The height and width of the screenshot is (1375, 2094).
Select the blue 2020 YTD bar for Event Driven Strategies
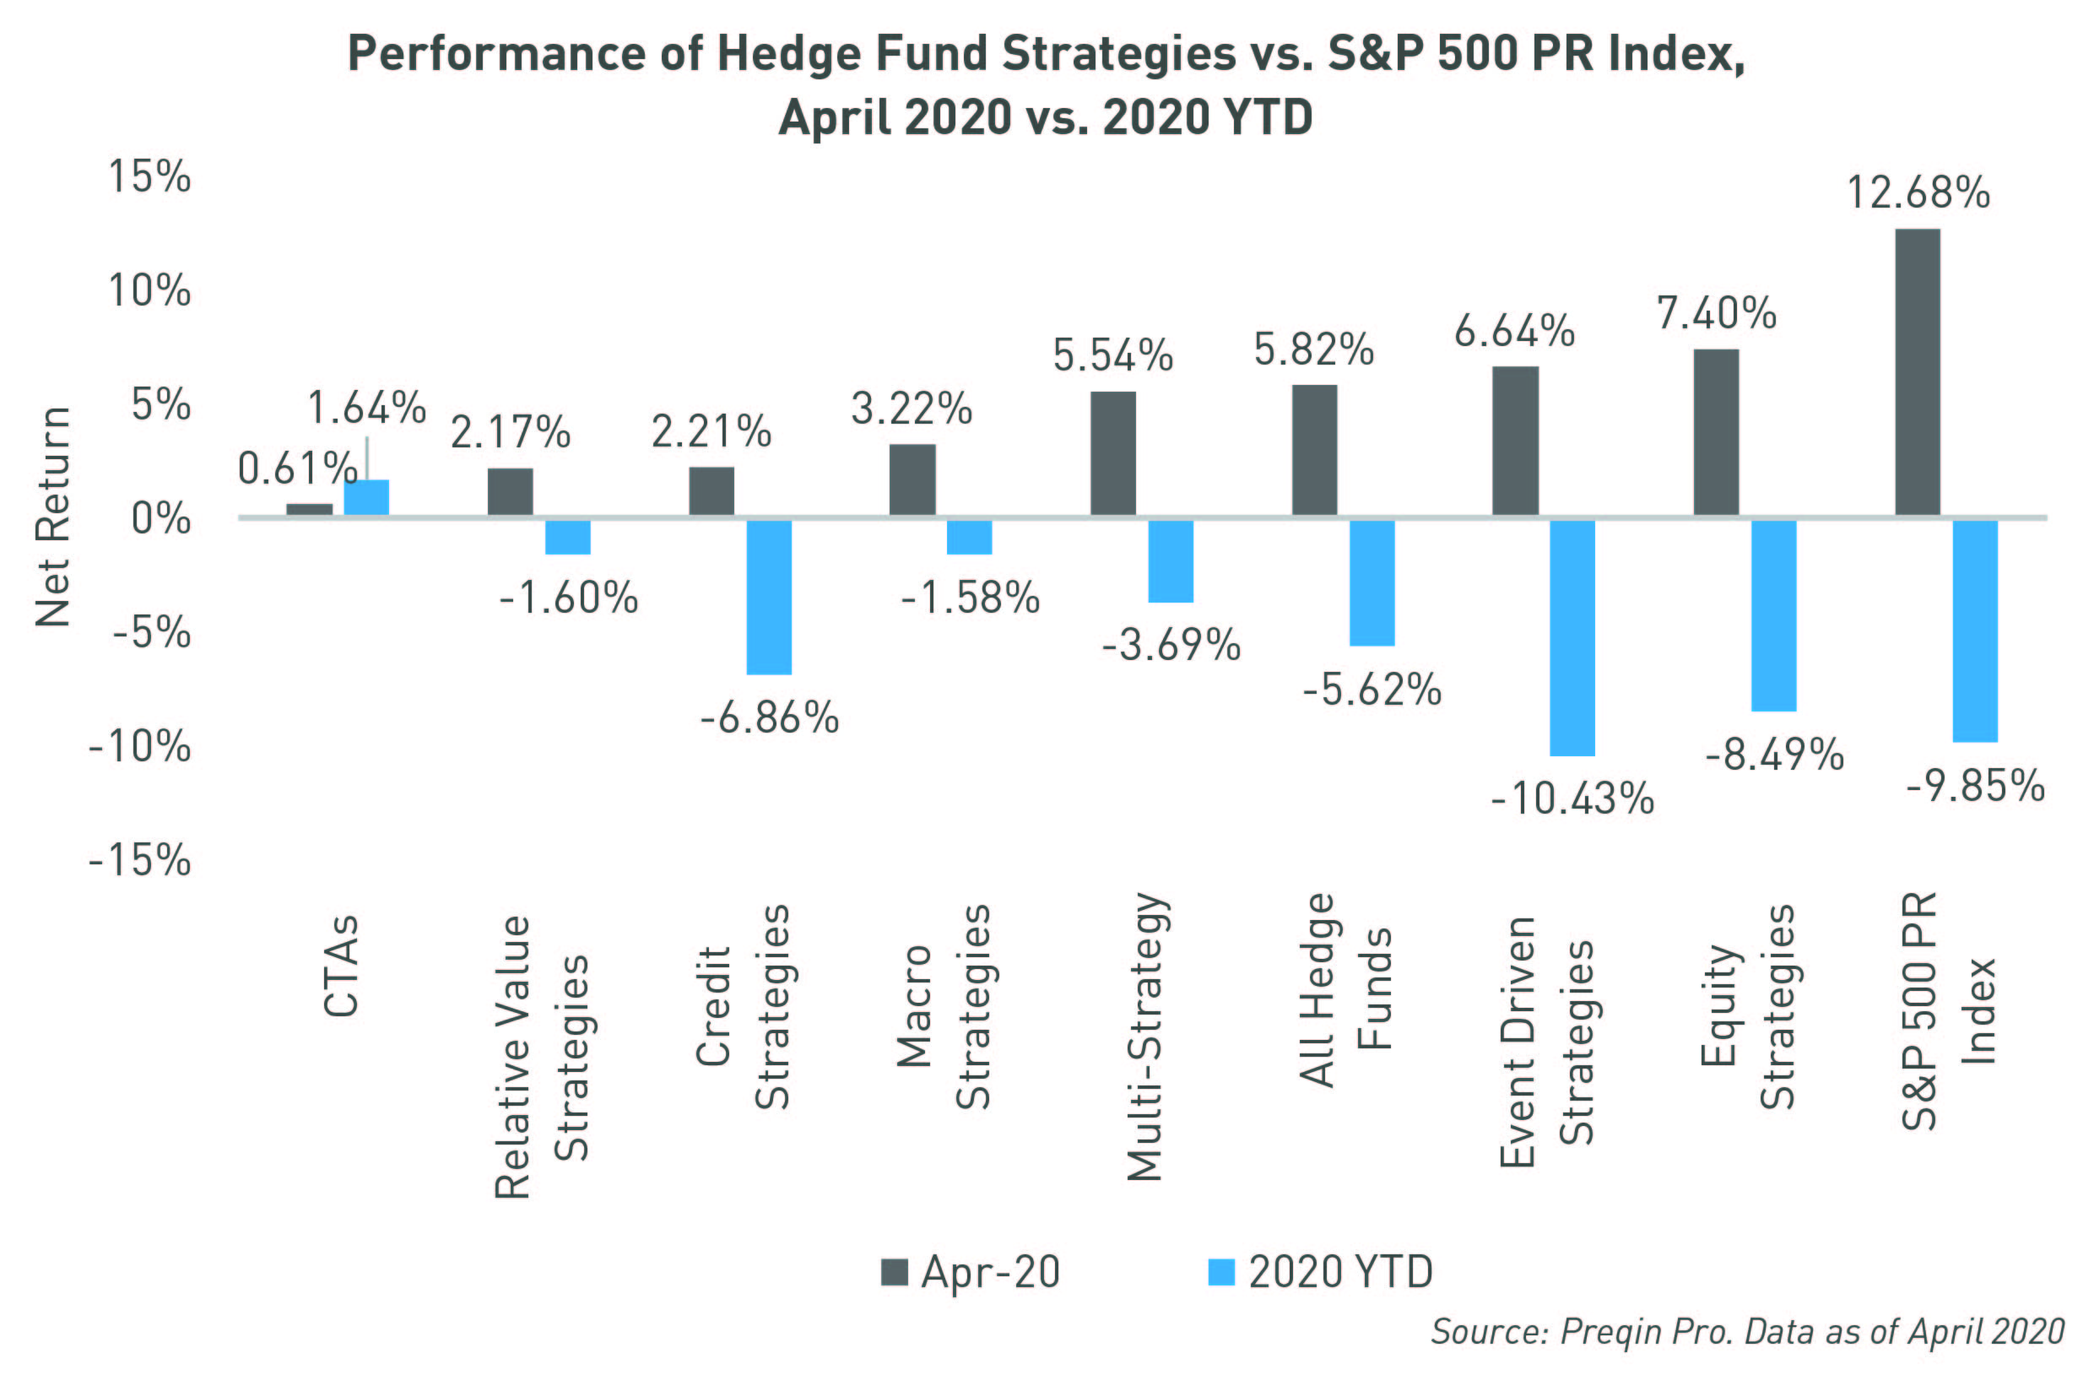[x=1572, y=638]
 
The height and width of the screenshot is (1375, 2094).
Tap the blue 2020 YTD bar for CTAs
[x=366, y=498]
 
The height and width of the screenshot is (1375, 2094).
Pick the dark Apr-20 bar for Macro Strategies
[x=912, y=480]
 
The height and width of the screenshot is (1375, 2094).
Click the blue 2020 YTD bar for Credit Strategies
[x=769, y=598]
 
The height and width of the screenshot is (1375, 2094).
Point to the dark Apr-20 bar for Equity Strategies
[x=1716, y=433]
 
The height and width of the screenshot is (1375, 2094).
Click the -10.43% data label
[x=1572, y=798]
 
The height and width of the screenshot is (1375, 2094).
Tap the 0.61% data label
[x=296, y=468]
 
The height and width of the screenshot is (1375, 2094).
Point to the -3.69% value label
[x=1171, y=645]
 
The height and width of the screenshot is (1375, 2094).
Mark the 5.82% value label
[x=1313, y=350]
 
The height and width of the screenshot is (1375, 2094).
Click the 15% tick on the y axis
[x=149, y=176]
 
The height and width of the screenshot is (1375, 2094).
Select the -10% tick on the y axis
[x=140, y=747]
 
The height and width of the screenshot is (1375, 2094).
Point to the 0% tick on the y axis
[x=161, y=519]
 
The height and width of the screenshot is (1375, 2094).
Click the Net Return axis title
[x=53, y=517]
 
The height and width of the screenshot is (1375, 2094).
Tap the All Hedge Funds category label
[x=1345, y=990]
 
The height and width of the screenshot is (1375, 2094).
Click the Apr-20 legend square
[x=894, y=1272]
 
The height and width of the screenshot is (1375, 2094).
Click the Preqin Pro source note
[x=1746, y=1331]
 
